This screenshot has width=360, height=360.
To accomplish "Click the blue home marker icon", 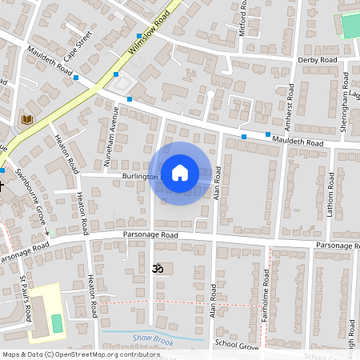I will pyautogui.click(x=180, y=172).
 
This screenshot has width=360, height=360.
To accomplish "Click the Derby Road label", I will pyautogui.click(x=318, y=60).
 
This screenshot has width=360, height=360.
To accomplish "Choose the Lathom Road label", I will pyautogui.click(x=330, y=193).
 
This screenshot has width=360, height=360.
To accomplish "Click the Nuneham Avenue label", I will pyautogui.click(x=113, y=137).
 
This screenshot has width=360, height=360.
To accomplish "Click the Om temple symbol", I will pyautogui.click(x=157, y=270).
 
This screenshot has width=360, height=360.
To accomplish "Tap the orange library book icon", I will pyautogui.click(x=26, y=120).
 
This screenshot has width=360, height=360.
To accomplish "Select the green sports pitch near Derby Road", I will pyautogui.click(x=351, y=25).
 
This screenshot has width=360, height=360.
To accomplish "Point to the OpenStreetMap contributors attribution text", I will pyautogui.click(x=80, y=354).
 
